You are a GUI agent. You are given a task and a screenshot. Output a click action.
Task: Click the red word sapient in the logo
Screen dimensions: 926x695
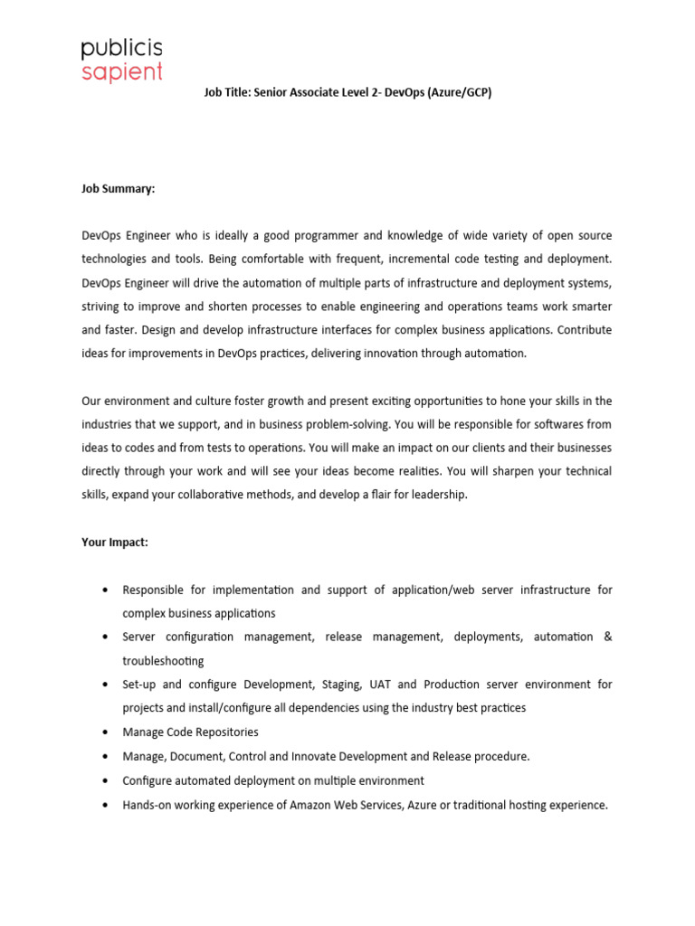[121, 71]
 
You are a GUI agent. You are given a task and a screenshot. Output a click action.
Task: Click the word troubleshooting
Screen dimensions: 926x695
[163, 661]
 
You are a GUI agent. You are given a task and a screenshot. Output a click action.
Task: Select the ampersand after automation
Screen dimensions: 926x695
[607, 638]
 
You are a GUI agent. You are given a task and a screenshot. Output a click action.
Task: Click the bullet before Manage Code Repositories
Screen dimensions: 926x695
[106, 732]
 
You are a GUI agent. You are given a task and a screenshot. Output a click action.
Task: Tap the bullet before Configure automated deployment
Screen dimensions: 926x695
[106, 780]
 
